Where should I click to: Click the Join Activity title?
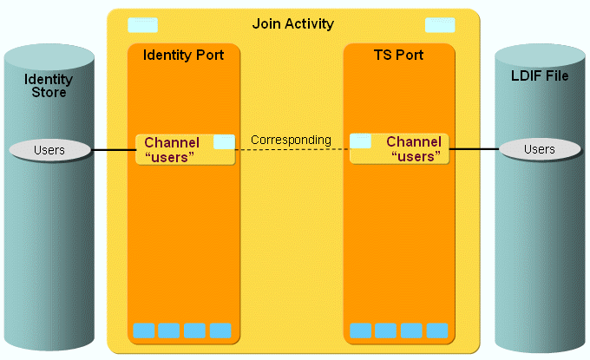click(292, 23)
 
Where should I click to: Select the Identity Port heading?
click(182, 56)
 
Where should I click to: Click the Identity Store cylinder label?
click(49, 86)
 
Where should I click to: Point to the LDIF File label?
click(540, 76)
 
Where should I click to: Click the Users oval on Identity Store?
click(49, 150)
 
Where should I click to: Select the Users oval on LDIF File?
click(539, 149)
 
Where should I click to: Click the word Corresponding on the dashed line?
click(291, 140)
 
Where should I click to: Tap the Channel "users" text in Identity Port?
click(172, 149)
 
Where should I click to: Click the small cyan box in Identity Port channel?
click(224, 141)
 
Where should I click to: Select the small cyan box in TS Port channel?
click(361, 141)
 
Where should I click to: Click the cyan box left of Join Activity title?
click(142, 25)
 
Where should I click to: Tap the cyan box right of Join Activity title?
click(440, 25)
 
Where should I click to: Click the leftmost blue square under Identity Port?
click(143, 331)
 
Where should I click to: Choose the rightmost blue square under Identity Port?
click(221, 331)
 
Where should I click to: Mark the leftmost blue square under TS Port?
click(360, 331)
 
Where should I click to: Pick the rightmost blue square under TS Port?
click(437, 331)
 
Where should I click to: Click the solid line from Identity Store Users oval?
click(113, 150)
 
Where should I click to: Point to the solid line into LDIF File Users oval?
click(474, 149)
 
